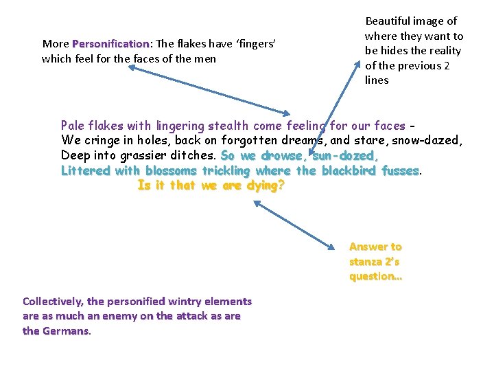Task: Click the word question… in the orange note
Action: [375, 277]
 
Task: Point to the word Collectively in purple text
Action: [54, 302]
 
